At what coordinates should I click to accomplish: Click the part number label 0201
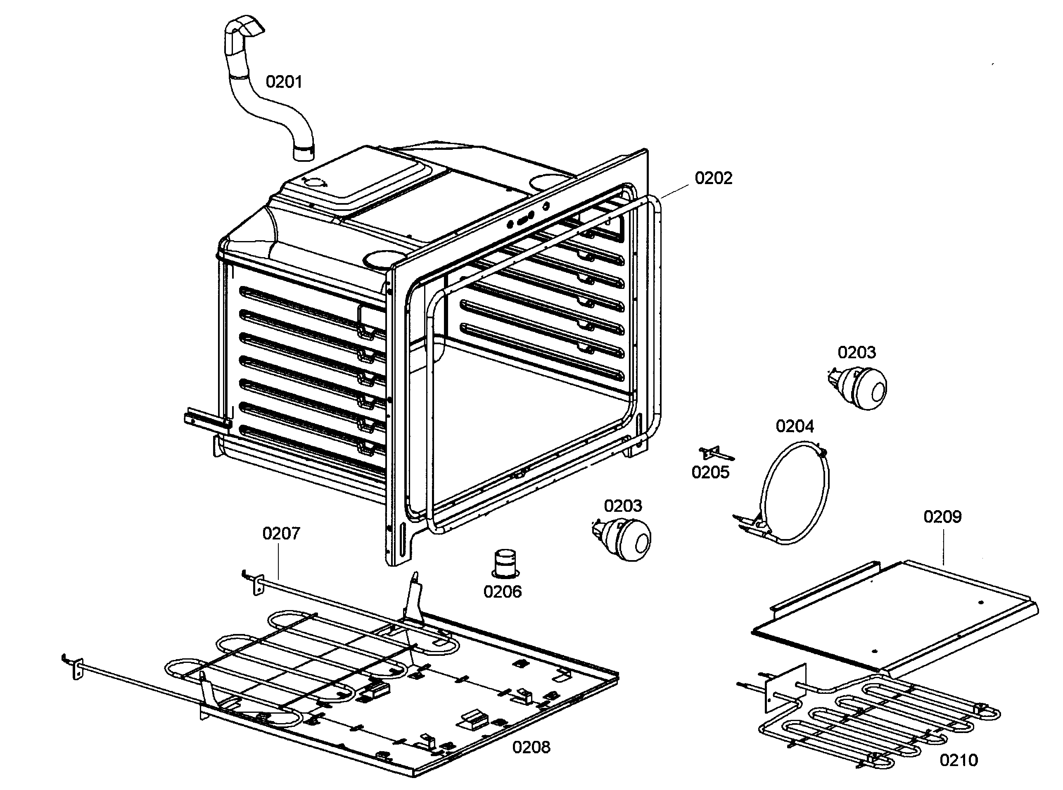(284, 82)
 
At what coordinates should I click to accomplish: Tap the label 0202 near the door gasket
(713, 178)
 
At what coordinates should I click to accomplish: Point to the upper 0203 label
(857, 352)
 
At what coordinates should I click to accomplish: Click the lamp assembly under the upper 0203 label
(861, 388)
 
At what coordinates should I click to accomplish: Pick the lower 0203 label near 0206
(622, 506)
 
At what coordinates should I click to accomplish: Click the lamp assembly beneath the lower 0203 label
(625, 539)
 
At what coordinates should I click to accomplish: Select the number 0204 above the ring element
(795, 426)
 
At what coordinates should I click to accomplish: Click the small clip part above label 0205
(715, 453)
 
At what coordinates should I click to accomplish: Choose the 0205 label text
(710, 473)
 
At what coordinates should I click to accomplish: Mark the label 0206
(502, 591)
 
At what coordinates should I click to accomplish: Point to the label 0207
(281, 533)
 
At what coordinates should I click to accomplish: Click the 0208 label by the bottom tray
(531, 747)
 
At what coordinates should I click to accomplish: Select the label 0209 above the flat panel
(942, 516)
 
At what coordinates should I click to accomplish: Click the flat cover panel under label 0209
(895, 617)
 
